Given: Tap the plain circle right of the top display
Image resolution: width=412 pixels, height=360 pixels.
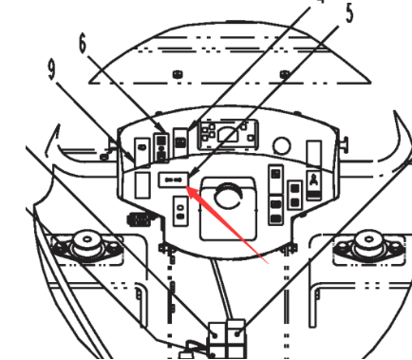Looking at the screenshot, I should (x=282, y=146).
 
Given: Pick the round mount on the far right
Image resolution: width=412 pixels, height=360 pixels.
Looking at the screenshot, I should (x=366, y=249).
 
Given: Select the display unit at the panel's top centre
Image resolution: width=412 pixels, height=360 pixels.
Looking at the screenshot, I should (x=227, y=135).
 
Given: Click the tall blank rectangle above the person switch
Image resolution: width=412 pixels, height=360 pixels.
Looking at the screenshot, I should (x=314, y=149).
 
